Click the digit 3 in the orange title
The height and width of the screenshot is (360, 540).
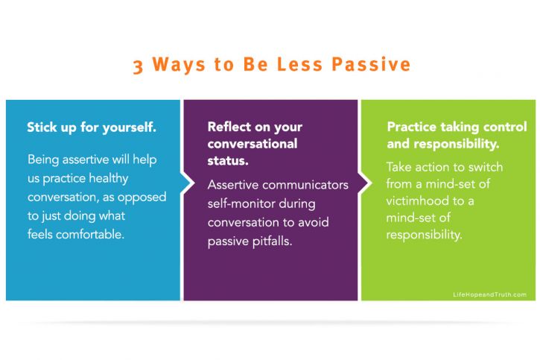[138, 66]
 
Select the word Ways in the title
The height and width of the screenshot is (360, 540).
[179, 64]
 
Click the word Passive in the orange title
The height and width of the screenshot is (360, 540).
[371, 64]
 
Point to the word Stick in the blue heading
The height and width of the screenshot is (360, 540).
[42, 127]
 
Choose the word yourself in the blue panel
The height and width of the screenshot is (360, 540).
[130, 127]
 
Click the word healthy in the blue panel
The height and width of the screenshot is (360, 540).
[109, 178]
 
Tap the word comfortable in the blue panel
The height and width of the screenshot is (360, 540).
[90, 235]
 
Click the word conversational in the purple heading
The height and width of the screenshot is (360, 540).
[252, 144]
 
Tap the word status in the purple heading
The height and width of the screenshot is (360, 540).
[228, 160]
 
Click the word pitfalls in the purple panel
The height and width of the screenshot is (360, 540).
[272, 241]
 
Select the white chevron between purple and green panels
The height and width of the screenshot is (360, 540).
[365, 183]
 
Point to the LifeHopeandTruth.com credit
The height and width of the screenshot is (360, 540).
[489, 294]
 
